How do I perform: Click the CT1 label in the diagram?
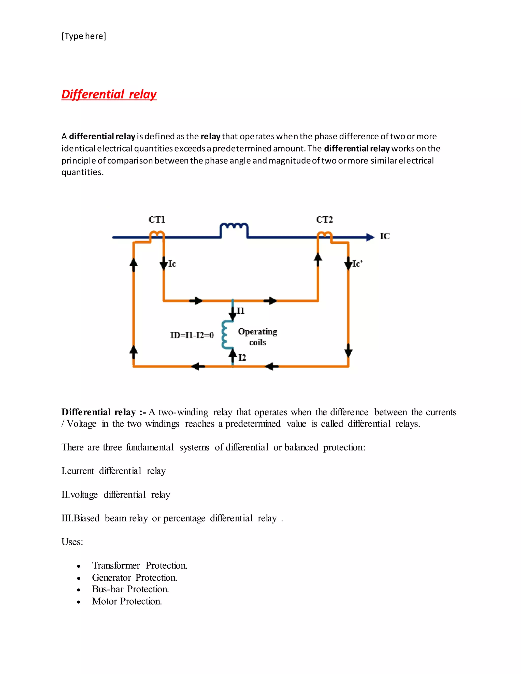157,220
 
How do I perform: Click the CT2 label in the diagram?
324,220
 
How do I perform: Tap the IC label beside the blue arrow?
385,236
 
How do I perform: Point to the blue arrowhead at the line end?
370,237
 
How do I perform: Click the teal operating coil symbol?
227,335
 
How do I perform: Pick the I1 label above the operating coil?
240,311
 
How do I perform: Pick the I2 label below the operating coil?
242,357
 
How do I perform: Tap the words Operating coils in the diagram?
257,337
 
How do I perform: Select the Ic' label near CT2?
357,263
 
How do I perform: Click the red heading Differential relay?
109,94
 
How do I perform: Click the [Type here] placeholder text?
84,36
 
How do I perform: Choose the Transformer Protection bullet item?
139,565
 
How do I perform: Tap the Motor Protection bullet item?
127,601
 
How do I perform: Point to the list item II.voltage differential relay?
116,494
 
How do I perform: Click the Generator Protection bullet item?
135,577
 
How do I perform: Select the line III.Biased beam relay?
172,518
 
